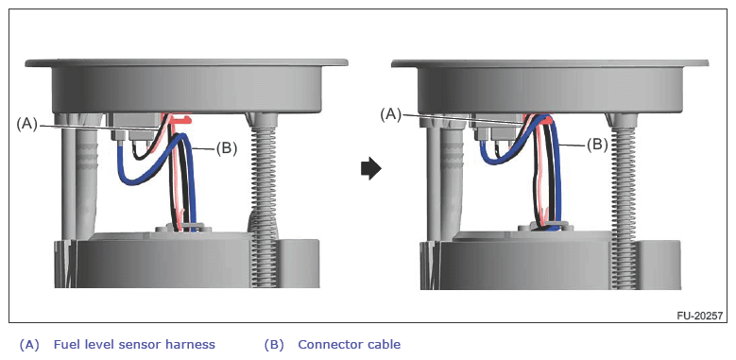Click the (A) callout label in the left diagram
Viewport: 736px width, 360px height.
pos(26,125)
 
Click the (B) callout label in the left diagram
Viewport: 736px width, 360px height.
pos(226,148)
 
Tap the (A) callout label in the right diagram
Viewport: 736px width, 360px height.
pos(391,114)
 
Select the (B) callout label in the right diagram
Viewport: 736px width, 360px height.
pos(597,145)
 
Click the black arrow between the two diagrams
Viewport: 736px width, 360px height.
pos(371,169)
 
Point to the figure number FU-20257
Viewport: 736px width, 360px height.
pos(699,316)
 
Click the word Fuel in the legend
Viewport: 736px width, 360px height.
pos(65,345)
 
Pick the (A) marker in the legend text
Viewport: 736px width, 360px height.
pos(29,345)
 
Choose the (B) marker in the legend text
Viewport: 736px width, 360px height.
pos(274,345)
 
